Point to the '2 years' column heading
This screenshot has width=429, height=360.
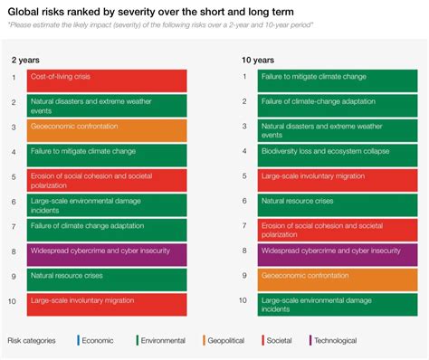pos(25,60)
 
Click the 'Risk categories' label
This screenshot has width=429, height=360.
pos(34,341)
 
